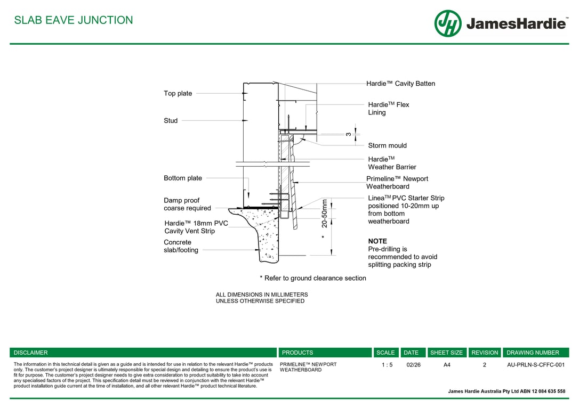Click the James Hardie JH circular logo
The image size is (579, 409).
click(447, 23)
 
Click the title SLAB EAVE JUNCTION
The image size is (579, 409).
click(74, 20)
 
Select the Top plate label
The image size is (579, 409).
click(178, 94)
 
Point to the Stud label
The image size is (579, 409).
click(171, 121)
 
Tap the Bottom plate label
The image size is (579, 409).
click(183, 178)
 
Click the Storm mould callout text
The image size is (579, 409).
click(387, 145)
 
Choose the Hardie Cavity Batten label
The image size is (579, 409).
click(400, 84)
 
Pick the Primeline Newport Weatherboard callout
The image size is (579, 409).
click(397, 183)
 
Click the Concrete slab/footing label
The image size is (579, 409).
click(181, 246)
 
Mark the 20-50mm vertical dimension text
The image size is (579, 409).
click(325, 213)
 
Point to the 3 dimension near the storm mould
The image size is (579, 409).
click(348, 134)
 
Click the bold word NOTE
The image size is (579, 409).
click(377, 241)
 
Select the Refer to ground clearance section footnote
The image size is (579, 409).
click(313, 278)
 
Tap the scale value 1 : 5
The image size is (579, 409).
click(387, 365)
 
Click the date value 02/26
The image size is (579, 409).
click(413, 365)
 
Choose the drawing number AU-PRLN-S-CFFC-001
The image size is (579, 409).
click(535, 365)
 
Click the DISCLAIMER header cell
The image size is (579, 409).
click(31, 353)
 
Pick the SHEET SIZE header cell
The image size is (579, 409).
click(446, 353)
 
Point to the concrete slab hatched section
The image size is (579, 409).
click(266, 234)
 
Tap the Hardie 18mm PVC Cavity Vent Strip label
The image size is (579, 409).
click(196, 227)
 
